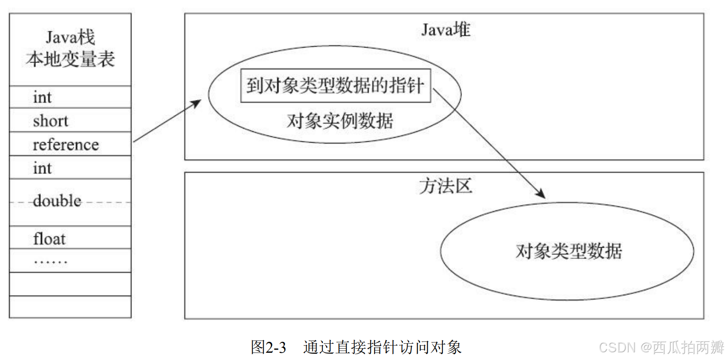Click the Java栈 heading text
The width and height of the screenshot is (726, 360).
[70, 37]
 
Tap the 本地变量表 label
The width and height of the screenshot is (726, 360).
[70, 59]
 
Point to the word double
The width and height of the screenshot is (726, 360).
[57, 201]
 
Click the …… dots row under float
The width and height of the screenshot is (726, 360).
[51, 261]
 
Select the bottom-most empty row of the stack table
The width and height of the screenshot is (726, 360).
[70, 307]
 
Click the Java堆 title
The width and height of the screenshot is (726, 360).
[446, 30]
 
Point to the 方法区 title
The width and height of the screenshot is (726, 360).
[445, 186]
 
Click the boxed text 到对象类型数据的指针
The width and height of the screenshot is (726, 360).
[335, 86]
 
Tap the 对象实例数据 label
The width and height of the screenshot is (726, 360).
[340, 121]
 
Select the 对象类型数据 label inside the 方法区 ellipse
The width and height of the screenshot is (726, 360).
[568, 251]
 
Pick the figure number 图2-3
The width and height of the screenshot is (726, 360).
[269, 347]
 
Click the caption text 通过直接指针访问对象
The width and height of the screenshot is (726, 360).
[382, 347]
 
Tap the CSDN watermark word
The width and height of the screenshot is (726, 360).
[617, 347]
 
